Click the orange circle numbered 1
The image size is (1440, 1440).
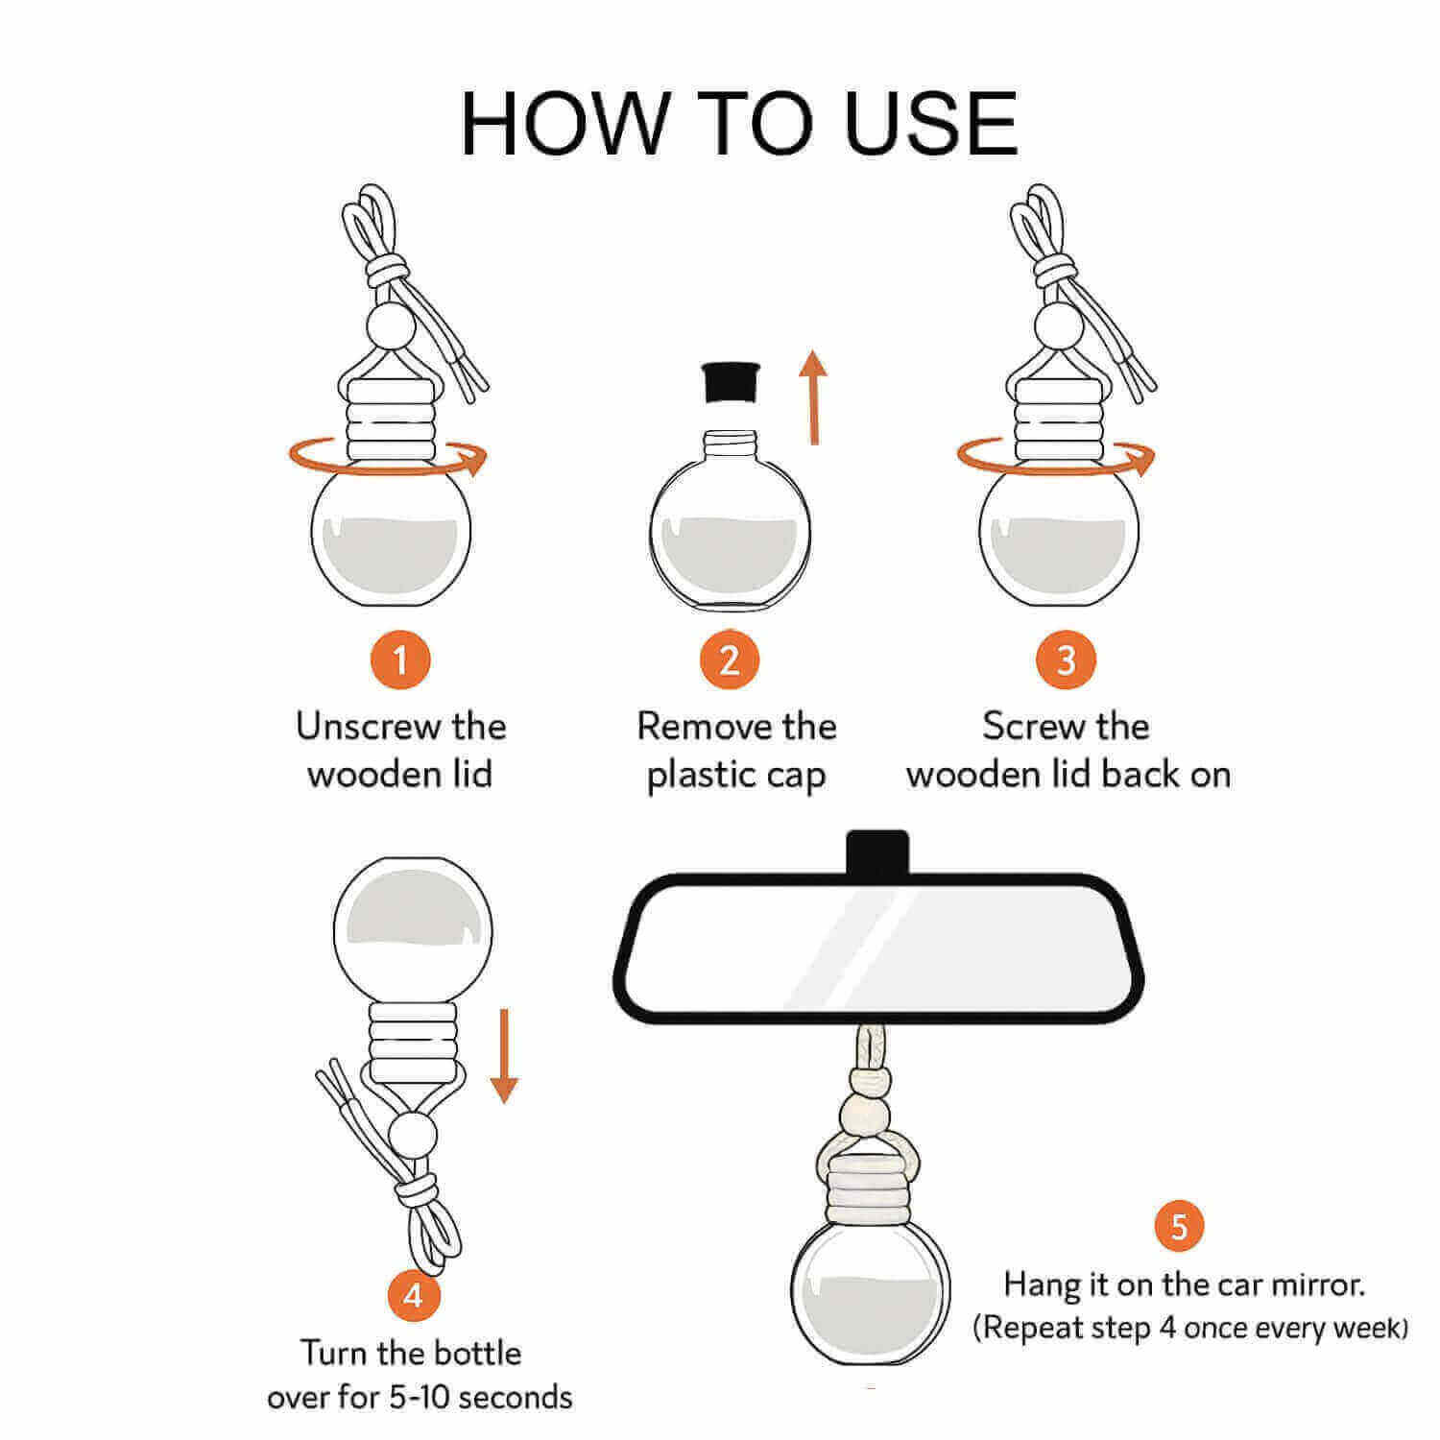(399, 660)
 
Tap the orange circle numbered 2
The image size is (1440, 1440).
(730, 660)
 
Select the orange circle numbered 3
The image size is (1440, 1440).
(1066, 660)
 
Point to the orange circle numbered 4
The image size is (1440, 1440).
(413, 1296)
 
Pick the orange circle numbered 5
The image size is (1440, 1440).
(1179, 1227)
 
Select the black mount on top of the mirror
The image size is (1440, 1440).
(877, 851)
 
